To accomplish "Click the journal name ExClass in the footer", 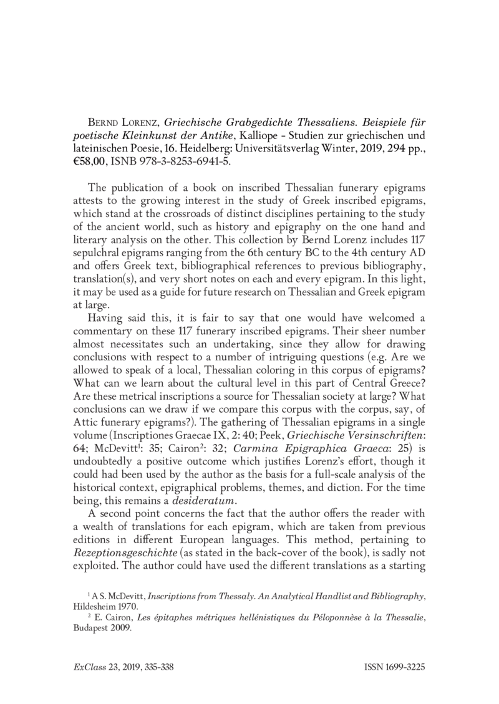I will pos(87,667).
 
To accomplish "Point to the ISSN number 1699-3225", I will pos(400,667).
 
